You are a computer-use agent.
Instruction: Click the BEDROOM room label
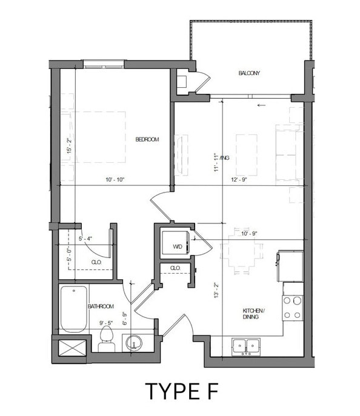click(x=147, y=139)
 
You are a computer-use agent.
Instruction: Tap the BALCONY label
click(x=248, y=73)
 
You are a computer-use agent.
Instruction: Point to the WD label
click(x=178, y=246)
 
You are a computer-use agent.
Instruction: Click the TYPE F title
click(x=181, y=391)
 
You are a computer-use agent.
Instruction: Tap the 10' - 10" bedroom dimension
click(x=115, y=180)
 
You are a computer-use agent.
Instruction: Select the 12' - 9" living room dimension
click(x=239, y=180)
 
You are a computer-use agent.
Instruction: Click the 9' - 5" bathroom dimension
click(x=107, y=323)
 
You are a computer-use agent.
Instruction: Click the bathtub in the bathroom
click(x=74, y=309)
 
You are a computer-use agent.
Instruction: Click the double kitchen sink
click(x=245, y=346)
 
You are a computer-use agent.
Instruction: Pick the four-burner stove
click(x=293, y=308)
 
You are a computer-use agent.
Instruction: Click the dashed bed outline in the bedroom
click(x=100, y=136)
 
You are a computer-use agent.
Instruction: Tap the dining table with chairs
click(x=242, y=250)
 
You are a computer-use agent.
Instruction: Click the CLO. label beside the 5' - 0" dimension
click(x=96, y=262)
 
